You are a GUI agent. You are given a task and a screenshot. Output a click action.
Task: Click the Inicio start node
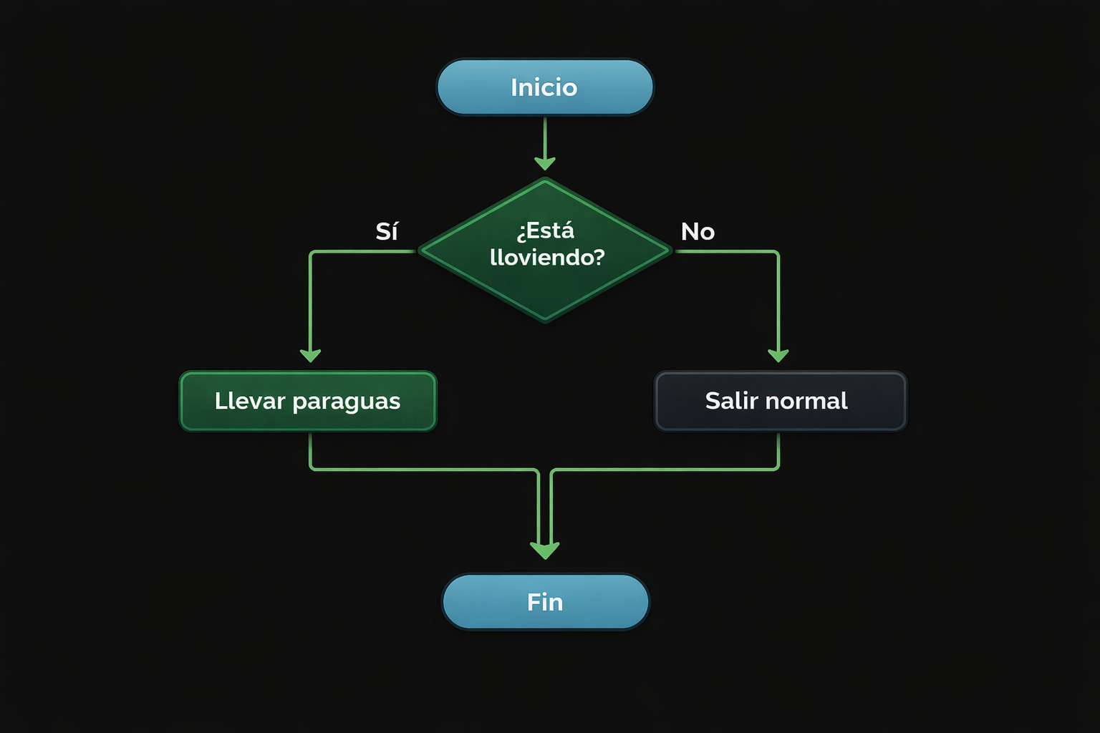(x=544, y=87)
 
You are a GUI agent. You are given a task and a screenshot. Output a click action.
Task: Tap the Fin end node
(x=545, y=602)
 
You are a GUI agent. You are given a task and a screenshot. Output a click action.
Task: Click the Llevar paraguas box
(x=308, y=401)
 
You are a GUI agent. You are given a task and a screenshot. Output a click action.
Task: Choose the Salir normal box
(x=781, y=401)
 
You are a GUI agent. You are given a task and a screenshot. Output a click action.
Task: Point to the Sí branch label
(x=387, y=231)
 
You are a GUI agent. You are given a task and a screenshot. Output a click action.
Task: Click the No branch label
(x=698, y=231)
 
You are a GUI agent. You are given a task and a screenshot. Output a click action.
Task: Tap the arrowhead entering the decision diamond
(x=545, y=163)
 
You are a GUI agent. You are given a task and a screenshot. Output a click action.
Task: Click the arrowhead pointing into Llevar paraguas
(x=310, y=355)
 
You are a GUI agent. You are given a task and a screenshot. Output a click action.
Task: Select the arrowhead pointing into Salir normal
(x=778, y=355)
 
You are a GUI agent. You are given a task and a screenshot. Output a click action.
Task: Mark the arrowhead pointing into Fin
(x=545, y=550)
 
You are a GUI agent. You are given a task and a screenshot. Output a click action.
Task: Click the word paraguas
(x=347, y=402)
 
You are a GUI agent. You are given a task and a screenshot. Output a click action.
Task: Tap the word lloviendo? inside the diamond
(x=547, y=257)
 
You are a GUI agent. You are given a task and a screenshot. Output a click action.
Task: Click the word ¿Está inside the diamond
(x=546, y=231)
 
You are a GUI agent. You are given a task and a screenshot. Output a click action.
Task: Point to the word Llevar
(x=250, y=401)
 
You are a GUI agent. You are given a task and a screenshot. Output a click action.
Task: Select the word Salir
(x=731, y=401)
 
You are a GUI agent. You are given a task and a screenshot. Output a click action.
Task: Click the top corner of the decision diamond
(x=545, y=181)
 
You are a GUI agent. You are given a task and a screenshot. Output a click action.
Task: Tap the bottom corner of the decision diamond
(x=545, y=319)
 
